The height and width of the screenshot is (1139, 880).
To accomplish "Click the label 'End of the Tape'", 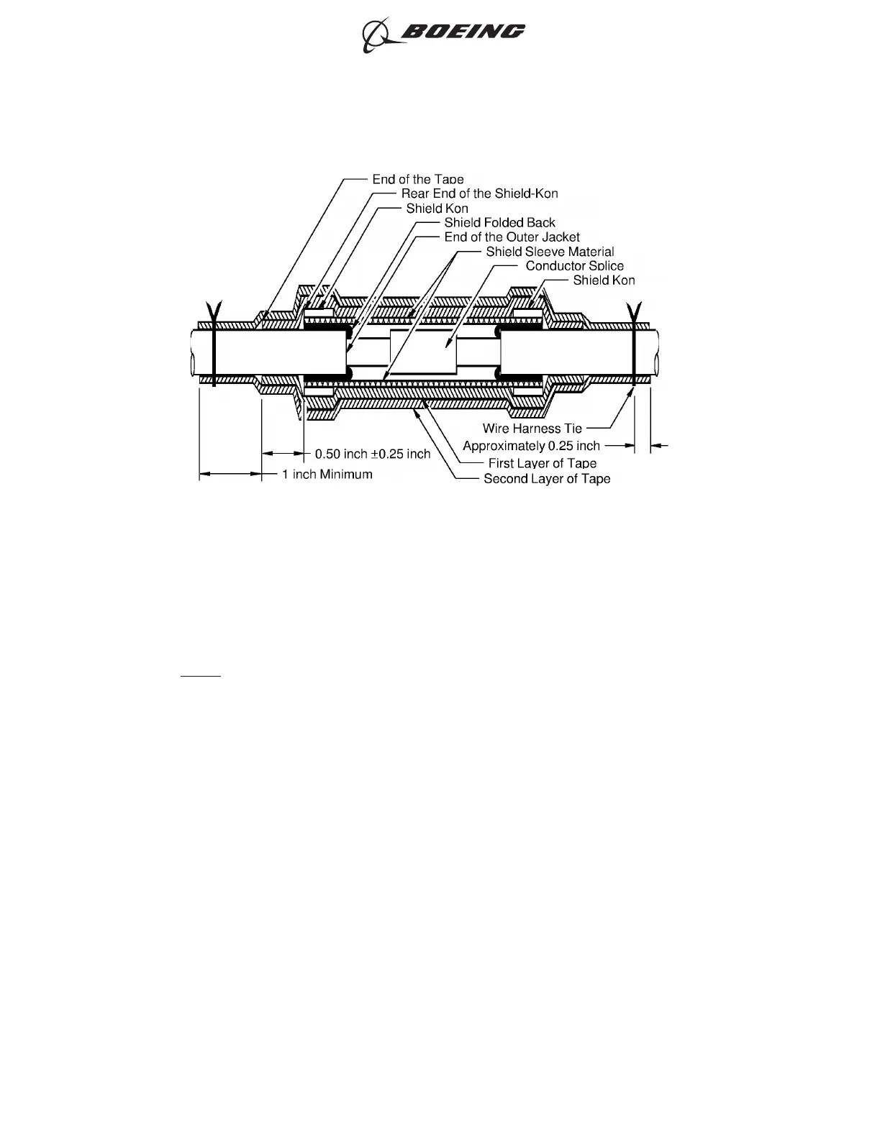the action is point(417,179).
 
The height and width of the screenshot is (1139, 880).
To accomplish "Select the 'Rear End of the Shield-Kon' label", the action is point(479,193).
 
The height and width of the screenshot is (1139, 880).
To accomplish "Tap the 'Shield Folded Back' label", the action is point(499,222).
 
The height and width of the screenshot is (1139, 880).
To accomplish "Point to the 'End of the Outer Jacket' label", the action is point(512,237).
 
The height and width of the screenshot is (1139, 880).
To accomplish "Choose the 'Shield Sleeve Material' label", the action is point(550,251).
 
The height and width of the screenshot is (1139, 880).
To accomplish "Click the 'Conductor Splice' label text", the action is point(574,265).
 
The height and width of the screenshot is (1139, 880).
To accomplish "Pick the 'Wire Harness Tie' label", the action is point(532,429).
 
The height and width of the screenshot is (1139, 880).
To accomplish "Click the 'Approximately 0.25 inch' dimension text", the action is point(531,446).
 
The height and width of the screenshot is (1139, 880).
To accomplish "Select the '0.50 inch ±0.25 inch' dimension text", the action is point(373,454).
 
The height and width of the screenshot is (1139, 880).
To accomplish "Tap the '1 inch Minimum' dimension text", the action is point(327,474).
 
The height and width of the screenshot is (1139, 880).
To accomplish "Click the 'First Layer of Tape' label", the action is point(542,463).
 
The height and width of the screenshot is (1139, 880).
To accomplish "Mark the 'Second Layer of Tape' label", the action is point(547,479).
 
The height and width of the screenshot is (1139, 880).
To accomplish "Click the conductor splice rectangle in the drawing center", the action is point(422,352).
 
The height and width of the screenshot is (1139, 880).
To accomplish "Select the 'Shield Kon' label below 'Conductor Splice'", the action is point(604,280).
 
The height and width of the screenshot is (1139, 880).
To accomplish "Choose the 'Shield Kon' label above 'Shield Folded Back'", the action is point(437,208).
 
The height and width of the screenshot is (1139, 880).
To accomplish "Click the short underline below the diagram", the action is point(200,676).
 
